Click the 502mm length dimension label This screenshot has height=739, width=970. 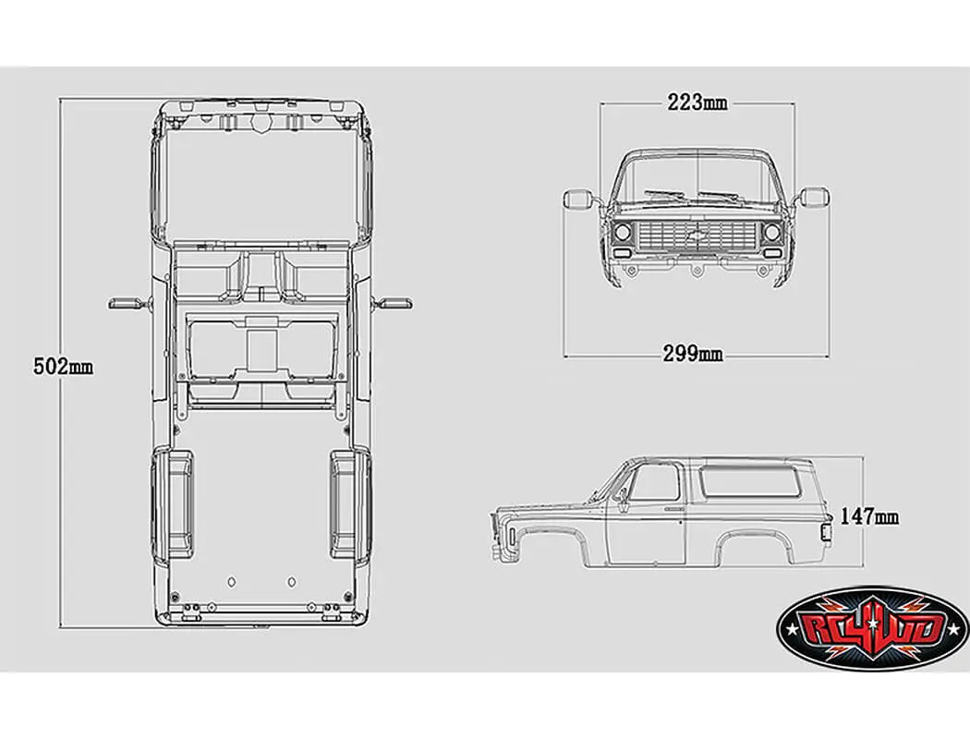(63, 366)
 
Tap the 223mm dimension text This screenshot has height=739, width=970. (697, 102)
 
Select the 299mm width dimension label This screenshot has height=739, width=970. (693, 353)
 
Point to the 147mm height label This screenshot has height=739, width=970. (869, 516)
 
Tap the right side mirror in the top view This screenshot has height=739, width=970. (396, 302)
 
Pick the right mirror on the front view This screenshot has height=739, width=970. (815, 197)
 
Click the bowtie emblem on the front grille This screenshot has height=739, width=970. (697, 235)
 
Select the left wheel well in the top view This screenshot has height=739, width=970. (174, 504)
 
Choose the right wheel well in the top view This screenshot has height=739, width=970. (349, 504)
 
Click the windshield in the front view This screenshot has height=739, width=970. (697, 179)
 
